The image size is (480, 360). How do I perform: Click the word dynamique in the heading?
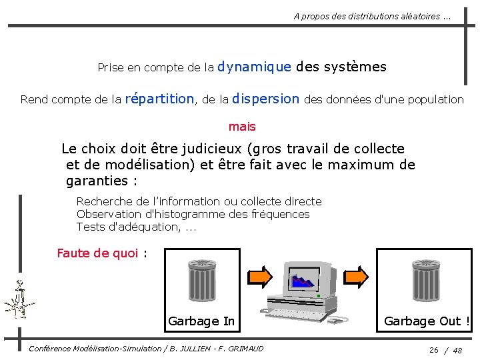254,67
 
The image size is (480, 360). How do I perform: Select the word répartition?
159,99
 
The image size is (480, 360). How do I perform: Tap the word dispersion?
266,99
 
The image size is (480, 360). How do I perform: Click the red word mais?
242,127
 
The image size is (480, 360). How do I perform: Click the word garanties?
97,181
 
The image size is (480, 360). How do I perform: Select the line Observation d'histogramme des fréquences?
193,214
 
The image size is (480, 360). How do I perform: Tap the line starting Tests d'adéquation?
136,227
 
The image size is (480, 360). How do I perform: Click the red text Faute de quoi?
97,253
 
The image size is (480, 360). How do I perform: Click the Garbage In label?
201,321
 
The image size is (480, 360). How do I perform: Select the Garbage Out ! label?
427,321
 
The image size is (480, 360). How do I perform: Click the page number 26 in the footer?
434,350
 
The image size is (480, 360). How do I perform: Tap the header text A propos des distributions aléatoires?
372,17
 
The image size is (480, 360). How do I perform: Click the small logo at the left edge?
19,300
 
